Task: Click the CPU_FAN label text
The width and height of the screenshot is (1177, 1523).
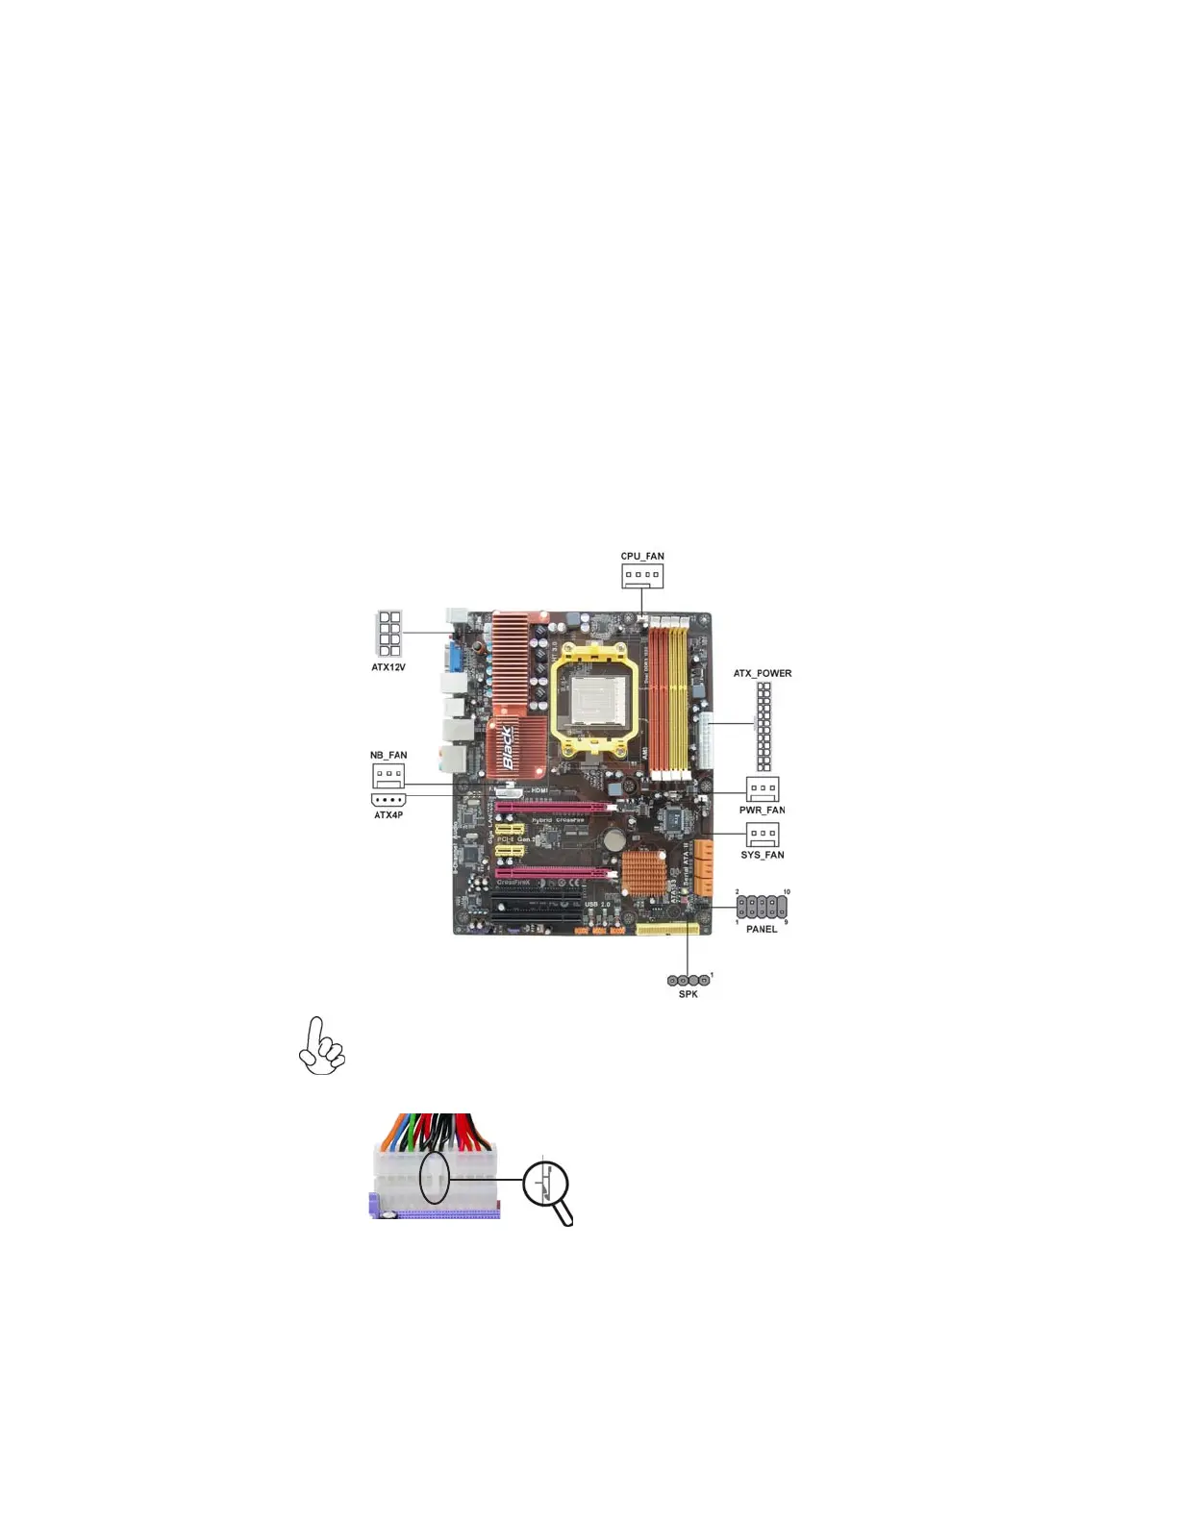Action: (x=642, y=557)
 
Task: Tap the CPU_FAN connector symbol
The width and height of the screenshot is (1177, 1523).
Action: (x=642, y=575)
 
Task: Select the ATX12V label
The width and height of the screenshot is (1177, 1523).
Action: (x=388, y=667)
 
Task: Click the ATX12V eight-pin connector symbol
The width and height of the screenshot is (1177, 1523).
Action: (x=389, y=633)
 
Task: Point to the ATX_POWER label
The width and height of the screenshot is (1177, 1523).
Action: (x=763, y=673)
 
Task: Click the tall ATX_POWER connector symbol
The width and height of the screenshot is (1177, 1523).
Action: (x=764, y=727)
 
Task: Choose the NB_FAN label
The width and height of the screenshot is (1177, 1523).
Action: (x=388, y=756)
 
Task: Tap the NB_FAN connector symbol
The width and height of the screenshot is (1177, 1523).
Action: (x=388, y=774)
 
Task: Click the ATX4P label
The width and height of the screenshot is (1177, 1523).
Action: (x=388, y=815)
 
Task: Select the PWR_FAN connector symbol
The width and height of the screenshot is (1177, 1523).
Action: (x=763, y=788)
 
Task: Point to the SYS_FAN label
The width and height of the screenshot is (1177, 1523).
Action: (x=763, y=855)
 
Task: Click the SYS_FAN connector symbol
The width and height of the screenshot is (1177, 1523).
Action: (x=763, y=834)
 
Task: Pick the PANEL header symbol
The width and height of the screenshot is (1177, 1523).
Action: (x=762, y=907)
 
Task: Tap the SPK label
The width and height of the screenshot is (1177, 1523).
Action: (x=689, y=994)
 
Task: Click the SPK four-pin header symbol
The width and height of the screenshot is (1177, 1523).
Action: (x=689, y=980)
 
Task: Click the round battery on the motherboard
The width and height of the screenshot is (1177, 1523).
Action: (x=615, y=839)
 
